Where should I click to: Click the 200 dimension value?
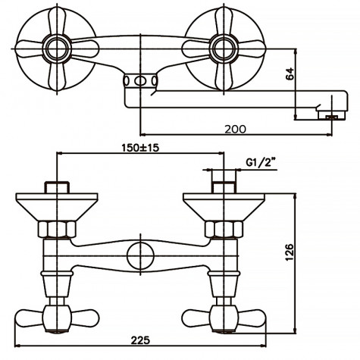coord(236,129)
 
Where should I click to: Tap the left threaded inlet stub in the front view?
coord(58,186)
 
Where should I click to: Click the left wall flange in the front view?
coord(58,205)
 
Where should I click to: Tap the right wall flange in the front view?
coord(224,205)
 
